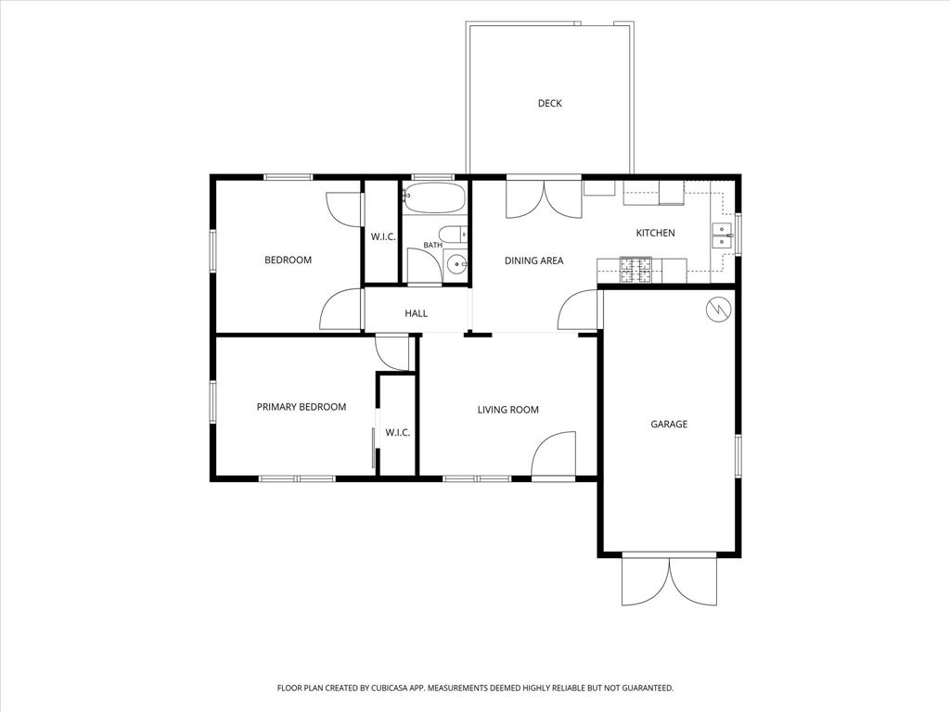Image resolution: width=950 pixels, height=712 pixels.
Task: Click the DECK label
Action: click(549, 104)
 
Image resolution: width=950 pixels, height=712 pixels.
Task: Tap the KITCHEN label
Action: click(655, 233)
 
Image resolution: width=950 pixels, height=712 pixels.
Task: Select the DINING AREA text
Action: click(533, 261)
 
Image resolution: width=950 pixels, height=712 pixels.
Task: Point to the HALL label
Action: click(417, 313)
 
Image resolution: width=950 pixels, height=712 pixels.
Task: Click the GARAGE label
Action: click(669, 425)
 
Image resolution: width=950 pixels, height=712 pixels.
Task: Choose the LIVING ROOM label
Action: click(507, 410)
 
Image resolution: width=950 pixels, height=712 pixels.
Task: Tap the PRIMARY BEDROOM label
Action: click(302, 408)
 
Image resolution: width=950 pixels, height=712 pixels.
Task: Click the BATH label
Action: click(432, 245)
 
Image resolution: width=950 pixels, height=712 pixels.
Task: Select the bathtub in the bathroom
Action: click(434, 198)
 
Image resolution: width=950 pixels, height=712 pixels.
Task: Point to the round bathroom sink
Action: click(456, 264)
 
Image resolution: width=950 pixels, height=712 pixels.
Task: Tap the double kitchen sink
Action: click(722, 235)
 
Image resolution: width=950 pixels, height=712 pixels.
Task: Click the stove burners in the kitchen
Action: click(635, 270)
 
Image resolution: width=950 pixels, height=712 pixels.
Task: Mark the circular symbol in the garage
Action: click(719, 310)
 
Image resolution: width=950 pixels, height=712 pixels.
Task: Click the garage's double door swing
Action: click(670, 580)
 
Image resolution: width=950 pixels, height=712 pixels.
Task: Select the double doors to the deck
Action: click(544, 199)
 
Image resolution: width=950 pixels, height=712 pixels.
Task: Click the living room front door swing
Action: click(553, 454)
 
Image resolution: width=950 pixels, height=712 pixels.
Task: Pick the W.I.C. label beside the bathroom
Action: click(383, 236)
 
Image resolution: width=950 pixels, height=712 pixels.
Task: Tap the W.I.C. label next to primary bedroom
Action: click(397, 433)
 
